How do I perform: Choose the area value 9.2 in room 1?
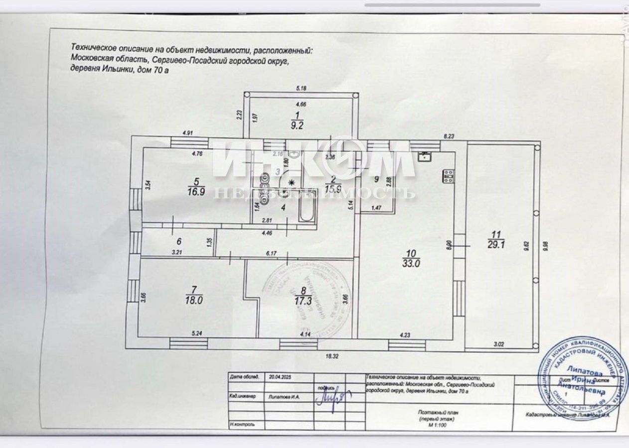pos(298,125)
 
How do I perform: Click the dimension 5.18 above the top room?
pos(301,89)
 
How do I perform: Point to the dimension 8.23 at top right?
pos(450,135)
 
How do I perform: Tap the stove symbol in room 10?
pos(449,175)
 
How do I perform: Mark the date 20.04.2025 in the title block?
pos(280,378)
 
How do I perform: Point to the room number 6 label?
pos(178,241)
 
